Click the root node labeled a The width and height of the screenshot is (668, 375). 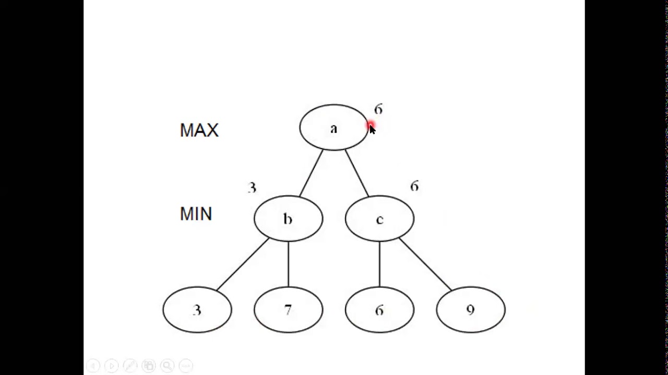[x=333, y=128]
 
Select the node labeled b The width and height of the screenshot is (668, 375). [x=288, y=219]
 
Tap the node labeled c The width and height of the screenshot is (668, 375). [x=379, y=219]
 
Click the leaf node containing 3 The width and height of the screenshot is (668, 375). [x=197, y=310]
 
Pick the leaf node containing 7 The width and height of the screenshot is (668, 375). [x=288, y=310]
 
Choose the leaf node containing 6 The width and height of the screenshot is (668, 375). [x=379, y=310]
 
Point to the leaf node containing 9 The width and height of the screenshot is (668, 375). [x=470, y=310]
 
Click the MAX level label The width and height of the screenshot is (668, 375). [x=199, y=130]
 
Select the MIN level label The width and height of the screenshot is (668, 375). [x=196, y=214]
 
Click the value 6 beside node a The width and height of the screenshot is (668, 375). [x=378, y=109]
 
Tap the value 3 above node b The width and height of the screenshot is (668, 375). [x=252, y=187]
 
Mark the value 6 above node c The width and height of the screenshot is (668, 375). [x=414, y=186]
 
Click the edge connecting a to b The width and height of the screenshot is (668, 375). [x=312, y=173]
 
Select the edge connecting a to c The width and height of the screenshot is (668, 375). [x=356, y=173]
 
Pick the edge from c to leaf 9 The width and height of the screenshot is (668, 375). [x=425, y=264]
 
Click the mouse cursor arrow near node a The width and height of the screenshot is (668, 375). [x=372, y=131]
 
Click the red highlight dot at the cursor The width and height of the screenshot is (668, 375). [x=370, y=126]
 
